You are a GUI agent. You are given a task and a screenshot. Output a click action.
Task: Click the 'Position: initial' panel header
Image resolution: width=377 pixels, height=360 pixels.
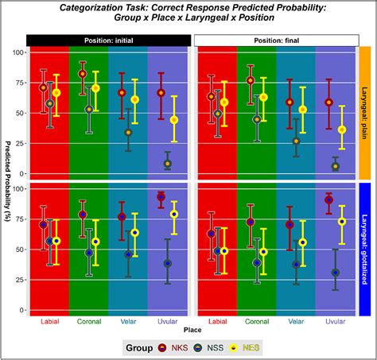point(108,40)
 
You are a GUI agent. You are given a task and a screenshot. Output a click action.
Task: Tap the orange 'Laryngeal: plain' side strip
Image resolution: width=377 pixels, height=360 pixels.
point(367,111)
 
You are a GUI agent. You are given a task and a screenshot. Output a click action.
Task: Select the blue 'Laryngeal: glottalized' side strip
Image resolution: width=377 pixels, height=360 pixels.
point(367,249)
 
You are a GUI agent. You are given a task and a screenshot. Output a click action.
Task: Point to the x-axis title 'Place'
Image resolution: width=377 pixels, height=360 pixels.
point(192,328)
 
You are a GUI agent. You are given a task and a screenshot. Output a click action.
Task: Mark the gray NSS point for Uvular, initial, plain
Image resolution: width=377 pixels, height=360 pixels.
point(167,164)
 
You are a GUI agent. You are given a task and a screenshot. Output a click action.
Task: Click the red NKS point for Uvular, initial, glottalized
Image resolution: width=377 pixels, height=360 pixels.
point(161,196)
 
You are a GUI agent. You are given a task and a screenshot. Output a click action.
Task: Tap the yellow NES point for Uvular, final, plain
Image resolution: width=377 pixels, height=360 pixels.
point(342,130)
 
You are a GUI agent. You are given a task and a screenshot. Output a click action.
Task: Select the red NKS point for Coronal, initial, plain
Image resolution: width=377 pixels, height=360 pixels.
point(82,74)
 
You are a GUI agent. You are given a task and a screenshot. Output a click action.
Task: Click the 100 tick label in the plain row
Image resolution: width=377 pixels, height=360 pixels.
point(17,53)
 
